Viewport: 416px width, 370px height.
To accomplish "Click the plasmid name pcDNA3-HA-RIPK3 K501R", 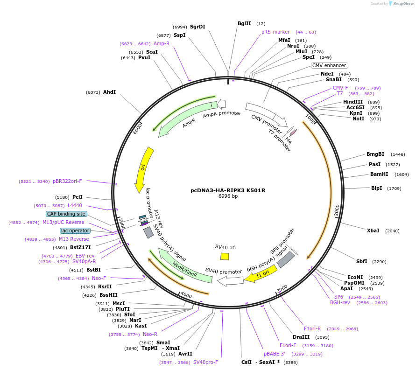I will (x=227, y=190).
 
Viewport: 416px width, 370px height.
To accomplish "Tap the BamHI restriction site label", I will (x=379, y=174).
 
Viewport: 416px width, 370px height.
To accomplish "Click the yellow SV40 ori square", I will (x=225, y=256).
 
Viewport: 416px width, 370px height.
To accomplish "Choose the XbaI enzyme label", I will (x=373, y=230).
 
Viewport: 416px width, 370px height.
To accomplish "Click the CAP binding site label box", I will (x=66, y=214).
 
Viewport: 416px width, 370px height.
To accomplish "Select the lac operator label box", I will (x=75, y=230).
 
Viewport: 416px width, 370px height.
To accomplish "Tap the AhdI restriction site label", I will (x=109, y=92).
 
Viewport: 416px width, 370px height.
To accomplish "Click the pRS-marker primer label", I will (x=275, y=32).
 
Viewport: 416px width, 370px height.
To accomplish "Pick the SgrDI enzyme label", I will (x=197, y=27).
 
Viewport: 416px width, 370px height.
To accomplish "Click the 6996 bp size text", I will (x=228, y=196).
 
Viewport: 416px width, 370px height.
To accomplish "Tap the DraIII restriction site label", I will (x=301, y=337).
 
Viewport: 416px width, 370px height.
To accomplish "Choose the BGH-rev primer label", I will (x=340, y=302).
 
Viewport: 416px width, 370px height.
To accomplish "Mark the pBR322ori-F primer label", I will (x=67, y=181).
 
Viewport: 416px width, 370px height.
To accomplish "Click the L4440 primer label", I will (x=75, y=205).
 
